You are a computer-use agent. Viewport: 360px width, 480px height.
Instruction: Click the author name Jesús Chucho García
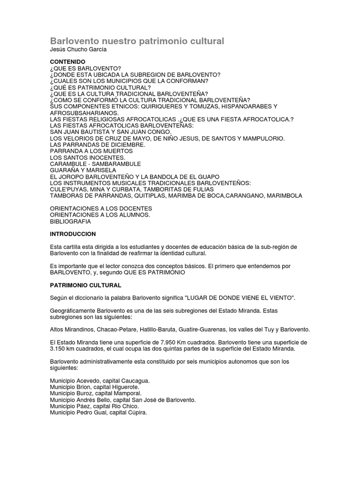[x=77, y=50]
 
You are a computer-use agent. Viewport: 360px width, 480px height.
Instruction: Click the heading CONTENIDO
[x=67, y=62]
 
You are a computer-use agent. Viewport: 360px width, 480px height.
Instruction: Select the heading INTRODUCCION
[x=73, y=233]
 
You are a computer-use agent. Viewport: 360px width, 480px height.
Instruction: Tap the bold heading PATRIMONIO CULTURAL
[x=85, y=285]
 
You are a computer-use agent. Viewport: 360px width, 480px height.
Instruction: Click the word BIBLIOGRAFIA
[x=70, y=221]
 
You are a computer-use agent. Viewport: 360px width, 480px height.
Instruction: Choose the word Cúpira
[x=135, y=412]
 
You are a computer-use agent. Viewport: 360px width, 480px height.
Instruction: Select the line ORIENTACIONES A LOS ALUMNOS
[x=100, y=215]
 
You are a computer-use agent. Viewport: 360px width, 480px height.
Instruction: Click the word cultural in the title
[x=203, y=41]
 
